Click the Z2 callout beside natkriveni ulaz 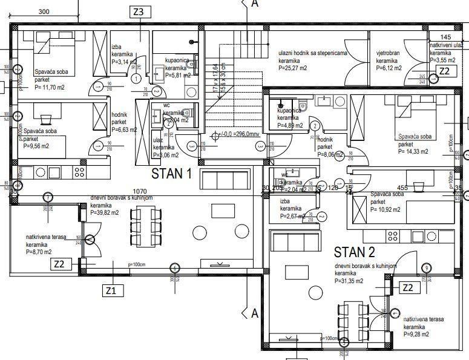pos(444,71)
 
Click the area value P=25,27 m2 pos(293,68)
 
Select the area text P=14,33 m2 pos(413,152)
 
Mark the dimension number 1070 pos(140,191)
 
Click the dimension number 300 pos(44,11)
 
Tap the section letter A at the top pos(254,4)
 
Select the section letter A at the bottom pos(254,313)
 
